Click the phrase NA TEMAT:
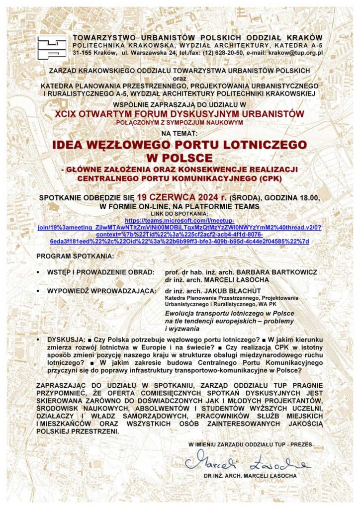(180, 133)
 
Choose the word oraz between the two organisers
(180, 78)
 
